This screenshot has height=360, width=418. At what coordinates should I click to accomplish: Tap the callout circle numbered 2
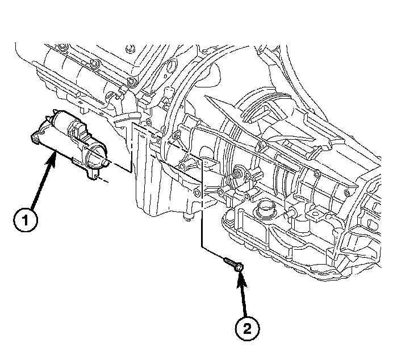(x=248, y=327)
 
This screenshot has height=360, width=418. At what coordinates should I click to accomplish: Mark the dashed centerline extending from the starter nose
(x=116, y=167)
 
